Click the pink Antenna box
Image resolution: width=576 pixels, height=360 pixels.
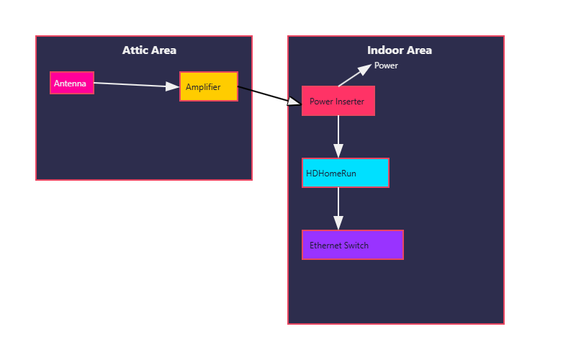point(72,83)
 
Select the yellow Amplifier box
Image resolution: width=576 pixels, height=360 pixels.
point(209,86)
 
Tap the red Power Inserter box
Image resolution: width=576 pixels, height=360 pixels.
point(338,101)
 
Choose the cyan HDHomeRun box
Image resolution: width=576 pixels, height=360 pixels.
point(346,173)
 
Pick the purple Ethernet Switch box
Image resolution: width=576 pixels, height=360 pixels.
point(353,245)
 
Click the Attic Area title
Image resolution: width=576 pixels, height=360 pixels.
point(149,50)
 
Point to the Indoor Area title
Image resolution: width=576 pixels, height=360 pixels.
point(400,50)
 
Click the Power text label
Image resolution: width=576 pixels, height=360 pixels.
point(386,66)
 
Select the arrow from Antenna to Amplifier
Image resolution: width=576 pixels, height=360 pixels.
point(137,85)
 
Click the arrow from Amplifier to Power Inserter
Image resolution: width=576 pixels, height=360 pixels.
point(269,96)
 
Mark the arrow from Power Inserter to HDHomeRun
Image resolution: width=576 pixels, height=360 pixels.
point(338,137)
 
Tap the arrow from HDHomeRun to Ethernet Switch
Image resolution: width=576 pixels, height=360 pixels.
point(338,209)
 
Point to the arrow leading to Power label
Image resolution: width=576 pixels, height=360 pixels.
point(355,76)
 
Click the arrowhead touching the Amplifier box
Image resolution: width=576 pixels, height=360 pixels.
point(172,86)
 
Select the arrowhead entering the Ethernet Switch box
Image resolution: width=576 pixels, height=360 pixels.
point(338,223)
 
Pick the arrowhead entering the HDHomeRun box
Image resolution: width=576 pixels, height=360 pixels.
point(338,151)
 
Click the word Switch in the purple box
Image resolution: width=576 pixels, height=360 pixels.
point(357,246)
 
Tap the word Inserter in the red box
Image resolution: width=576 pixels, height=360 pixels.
point(349,102)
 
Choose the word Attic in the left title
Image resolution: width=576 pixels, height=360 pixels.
point(133,50)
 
